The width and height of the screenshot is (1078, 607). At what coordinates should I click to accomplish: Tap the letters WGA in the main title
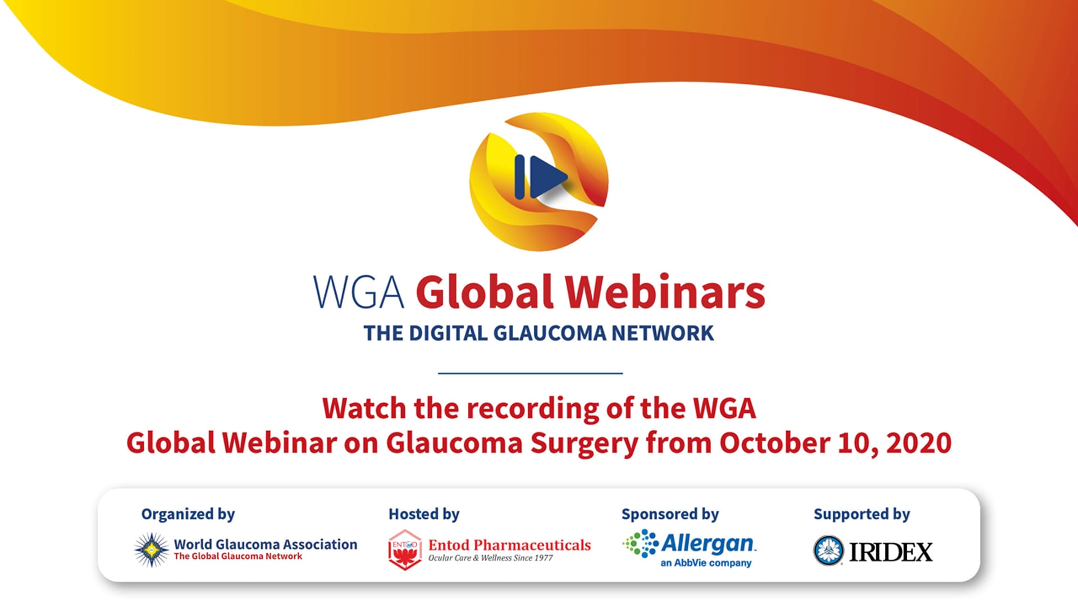click(358, 292)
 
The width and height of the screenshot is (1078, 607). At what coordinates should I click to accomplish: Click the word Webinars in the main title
click(665, 292)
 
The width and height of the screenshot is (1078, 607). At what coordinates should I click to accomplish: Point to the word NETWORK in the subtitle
click(663, 333)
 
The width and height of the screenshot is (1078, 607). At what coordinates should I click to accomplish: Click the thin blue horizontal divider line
click(530, 373)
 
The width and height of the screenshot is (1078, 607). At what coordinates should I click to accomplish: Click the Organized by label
click(188, 514)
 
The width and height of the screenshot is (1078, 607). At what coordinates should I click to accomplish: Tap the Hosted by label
click(424, 514)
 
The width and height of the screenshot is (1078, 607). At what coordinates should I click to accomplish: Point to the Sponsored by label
click(670, 514)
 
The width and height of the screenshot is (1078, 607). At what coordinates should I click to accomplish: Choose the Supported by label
click(862, 514)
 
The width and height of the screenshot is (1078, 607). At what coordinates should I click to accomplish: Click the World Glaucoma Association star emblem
click(152, 550)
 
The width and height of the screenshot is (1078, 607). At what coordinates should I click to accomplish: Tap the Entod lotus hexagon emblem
click(405, 550)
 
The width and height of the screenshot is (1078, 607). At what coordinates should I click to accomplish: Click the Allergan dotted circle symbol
click(641, 543)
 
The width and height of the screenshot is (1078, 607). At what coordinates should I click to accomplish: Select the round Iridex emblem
click(829, 550)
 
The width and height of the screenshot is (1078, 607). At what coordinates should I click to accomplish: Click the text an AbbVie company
click(706, 563)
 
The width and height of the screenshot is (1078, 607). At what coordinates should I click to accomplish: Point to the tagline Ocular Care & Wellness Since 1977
click(491, 558)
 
